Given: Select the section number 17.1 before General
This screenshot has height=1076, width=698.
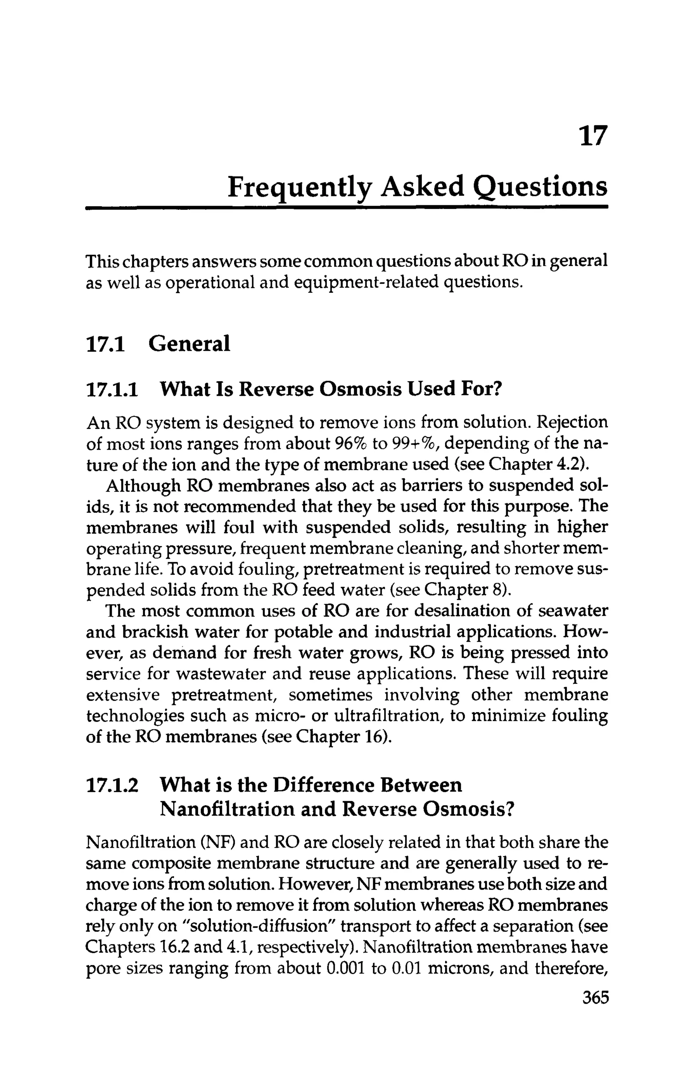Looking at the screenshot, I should (105, 344).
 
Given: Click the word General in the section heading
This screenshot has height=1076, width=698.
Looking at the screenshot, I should (189, 344).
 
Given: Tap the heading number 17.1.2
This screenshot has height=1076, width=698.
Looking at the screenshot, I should (112, 785).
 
